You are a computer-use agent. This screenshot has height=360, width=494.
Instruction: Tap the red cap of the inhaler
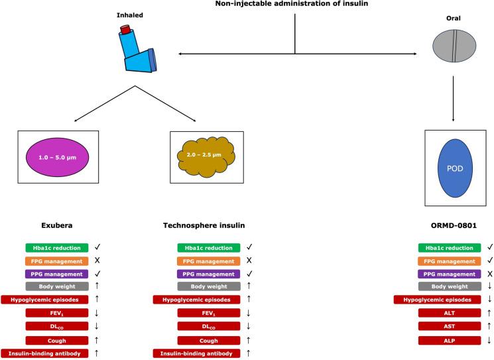125,30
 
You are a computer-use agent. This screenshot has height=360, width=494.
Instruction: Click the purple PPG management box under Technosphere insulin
204,272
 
